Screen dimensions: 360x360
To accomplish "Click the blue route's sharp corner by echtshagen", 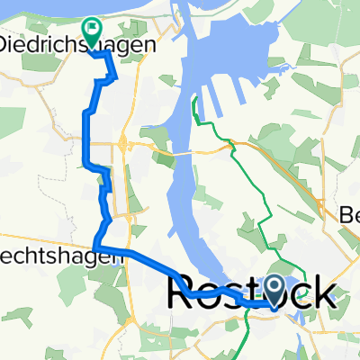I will (95, 247).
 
